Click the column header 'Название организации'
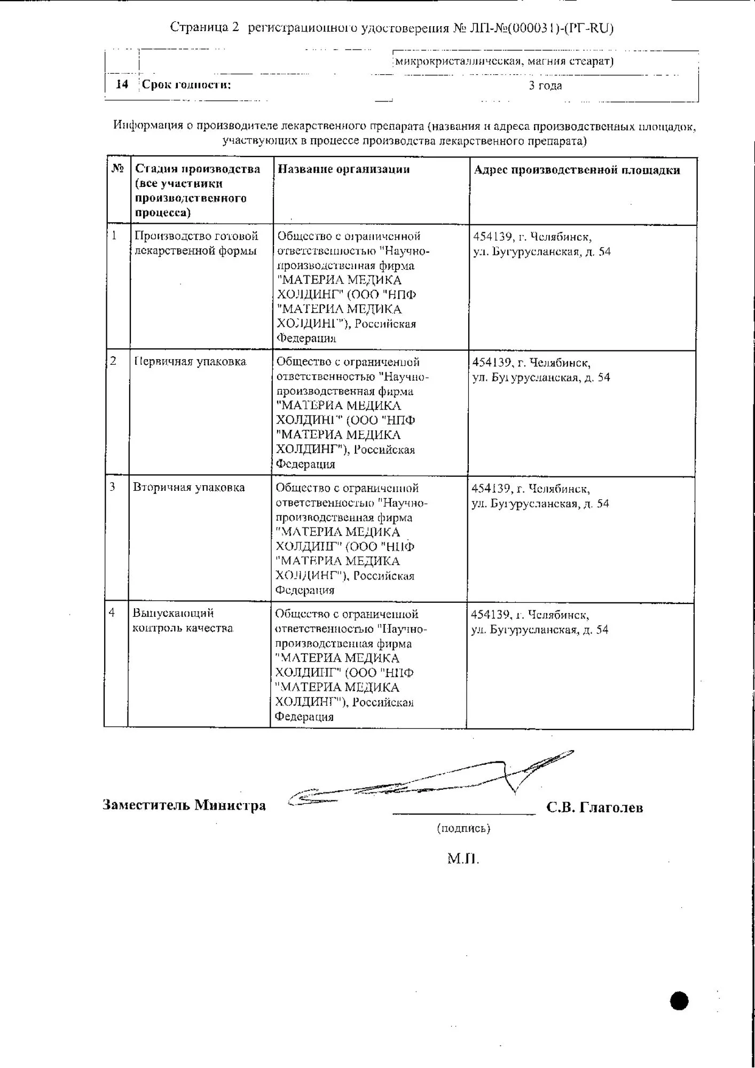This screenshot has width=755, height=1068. pos(344,169)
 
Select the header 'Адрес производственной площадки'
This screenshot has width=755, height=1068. pos(577,170)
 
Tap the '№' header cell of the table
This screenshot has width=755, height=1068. pos(117,169)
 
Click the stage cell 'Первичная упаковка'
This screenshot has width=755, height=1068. pos(190,362)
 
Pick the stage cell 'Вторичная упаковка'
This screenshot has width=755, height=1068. pos(189,488)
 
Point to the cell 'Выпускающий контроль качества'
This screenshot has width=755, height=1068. pos(183,621)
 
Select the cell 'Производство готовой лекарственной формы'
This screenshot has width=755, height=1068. pos(196,244)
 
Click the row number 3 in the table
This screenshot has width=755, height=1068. pos(113,487)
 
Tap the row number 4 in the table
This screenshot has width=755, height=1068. pos(112,613)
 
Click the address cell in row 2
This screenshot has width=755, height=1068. pos(541,371)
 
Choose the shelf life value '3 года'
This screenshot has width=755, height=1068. pos(545,85)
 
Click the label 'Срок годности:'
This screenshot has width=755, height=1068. pos(186,85)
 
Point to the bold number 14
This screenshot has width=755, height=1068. pos(122,84)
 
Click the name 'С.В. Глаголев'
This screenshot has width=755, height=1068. pos(594,807)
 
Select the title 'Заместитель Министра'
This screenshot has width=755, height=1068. pos(184,805)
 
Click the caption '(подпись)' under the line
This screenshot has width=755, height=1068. pos(463,828)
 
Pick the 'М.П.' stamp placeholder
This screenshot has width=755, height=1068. pos(463,859)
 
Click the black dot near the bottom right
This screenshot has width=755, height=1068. pos(679,1001)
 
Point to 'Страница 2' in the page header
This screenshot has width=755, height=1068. pos(205,28)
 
